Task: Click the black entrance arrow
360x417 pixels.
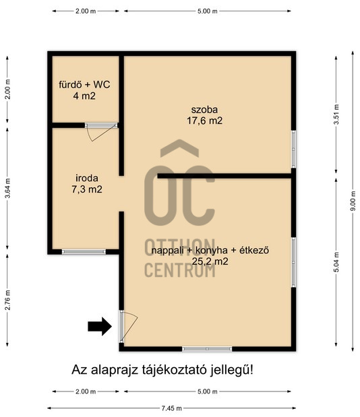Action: tap(100, 326)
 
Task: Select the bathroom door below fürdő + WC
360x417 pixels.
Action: tap(102, 132)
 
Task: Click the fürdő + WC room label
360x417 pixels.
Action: tap(84, 85)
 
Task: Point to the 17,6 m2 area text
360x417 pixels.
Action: tap(204, 121)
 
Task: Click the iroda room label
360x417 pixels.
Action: tap(87, 178)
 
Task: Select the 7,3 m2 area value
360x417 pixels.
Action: tap(87, 189)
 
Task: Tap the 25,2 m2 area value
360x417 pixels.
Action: tap(210, 261)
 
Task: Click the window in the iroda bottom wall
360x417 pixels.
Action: tap(84, 251)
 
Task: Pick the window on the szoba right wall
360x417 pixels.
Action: tap(293, 149)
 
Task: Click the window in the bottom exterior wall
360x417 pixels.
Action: tap(207, 349)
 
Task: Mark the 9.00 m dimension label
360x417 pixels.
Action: tap(353, 201)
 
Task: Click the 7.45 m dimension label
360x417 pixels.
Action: tap(172, 408)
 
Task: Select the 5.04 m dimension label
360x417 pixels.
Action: tap(336, 262)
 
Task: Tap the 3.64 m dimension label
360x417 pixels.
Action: tap(7, 188)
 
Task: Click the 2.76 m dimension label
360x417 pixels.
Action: tap(7, 300)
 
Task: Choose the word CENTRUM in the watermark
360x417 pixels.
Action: tap(180, 270)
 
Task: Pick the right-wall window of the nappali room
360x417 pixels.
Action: tap(293, 262)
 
